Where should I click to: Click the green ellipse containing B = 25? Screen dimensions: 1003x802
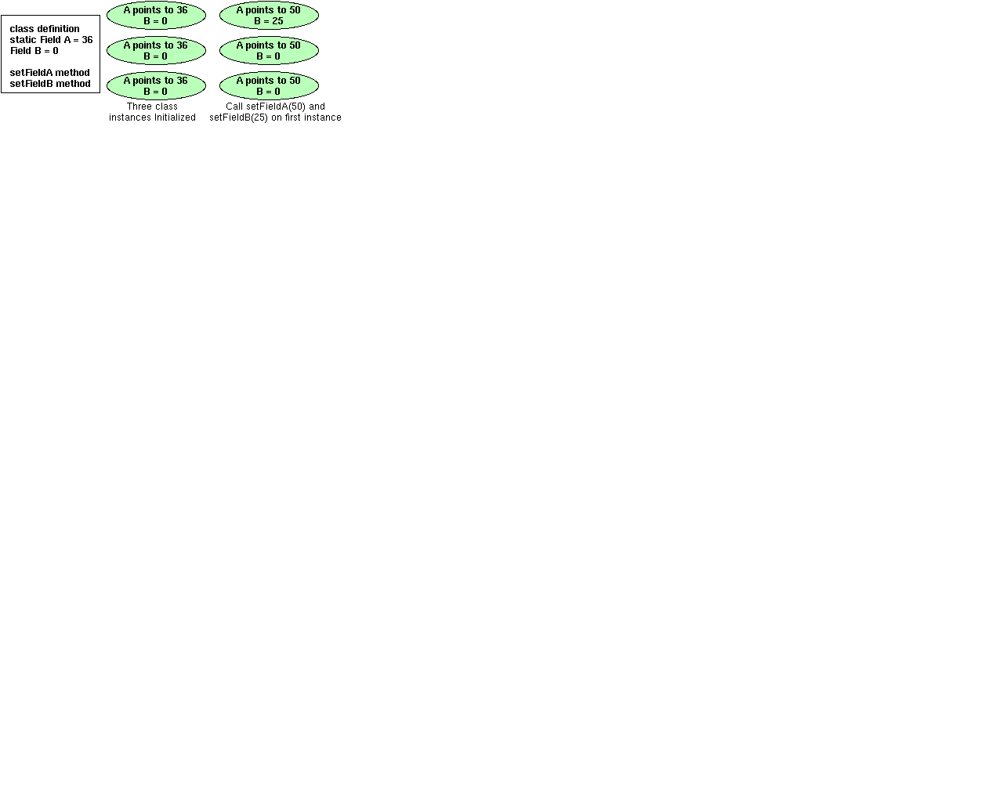click(x=269, y=16)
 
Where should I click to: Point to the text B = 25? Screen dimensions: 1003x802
click(x=269, y=21)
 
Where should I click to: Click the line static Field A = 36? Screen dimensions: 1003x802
click(x=51, y=40)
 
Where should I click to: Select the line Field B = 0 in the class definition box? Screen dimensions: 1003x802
click(x=34, y=51)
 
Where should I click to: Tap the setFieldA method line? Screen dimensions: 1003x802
click(x=50, y=73)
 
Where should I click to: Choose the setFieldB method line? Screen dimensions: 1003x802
click(x=50, y=84)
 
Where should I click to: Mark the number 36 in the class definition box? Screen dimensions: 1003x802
click(x=87, y=40)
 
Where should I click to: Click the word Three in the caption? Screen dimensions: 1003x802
click(x=139, y=107)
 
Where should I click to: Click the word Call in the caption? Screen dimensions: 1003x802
click(x=234, y=107)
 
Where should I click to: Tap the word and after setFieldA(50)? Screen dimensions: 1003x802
click(x=317, y=107)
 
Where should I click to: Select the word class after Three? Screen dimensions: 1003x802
click(x=166, y=107)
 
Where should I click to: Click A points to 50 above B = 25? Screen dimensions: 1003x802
click(x=269, y=10)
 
